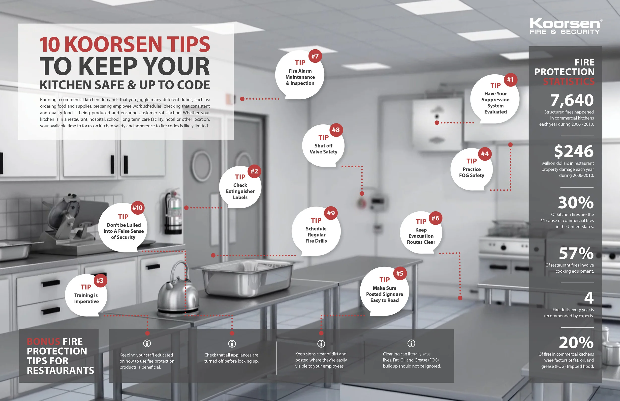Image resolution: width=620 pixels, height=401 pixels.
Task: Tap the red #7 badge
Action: (x=315, y=56)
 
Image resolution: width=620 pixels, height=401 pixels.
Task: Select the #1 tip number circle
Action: (x=510, y=80)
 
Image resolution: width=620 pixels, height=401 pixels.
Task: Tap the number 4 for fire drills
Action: (x=589, y=298)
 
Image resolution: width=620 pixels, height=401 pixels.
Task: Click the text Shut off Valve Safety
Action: (x=323, y=149)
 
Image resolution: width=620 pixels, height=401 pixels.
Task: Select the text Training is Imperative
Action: (x=86, y=298)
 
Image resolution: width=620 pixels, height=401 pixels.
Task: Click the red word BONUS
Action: (x=43, y=341)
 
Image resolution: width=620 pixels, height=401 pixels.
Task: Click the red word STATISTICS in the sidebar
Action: (x=569, y=82)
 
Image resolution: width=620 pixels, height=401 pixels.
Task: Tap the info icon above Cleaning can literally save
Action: (x=411, y=343)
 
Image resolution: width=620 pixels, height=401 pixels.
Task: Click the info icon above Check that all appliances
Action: (x=232, y=344)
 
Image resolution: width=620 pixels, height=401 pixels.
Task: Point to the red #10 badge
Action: (x=137, y=208)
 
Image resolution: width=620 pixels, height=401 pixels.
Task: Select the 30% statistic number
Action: (x=575, y=202)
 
